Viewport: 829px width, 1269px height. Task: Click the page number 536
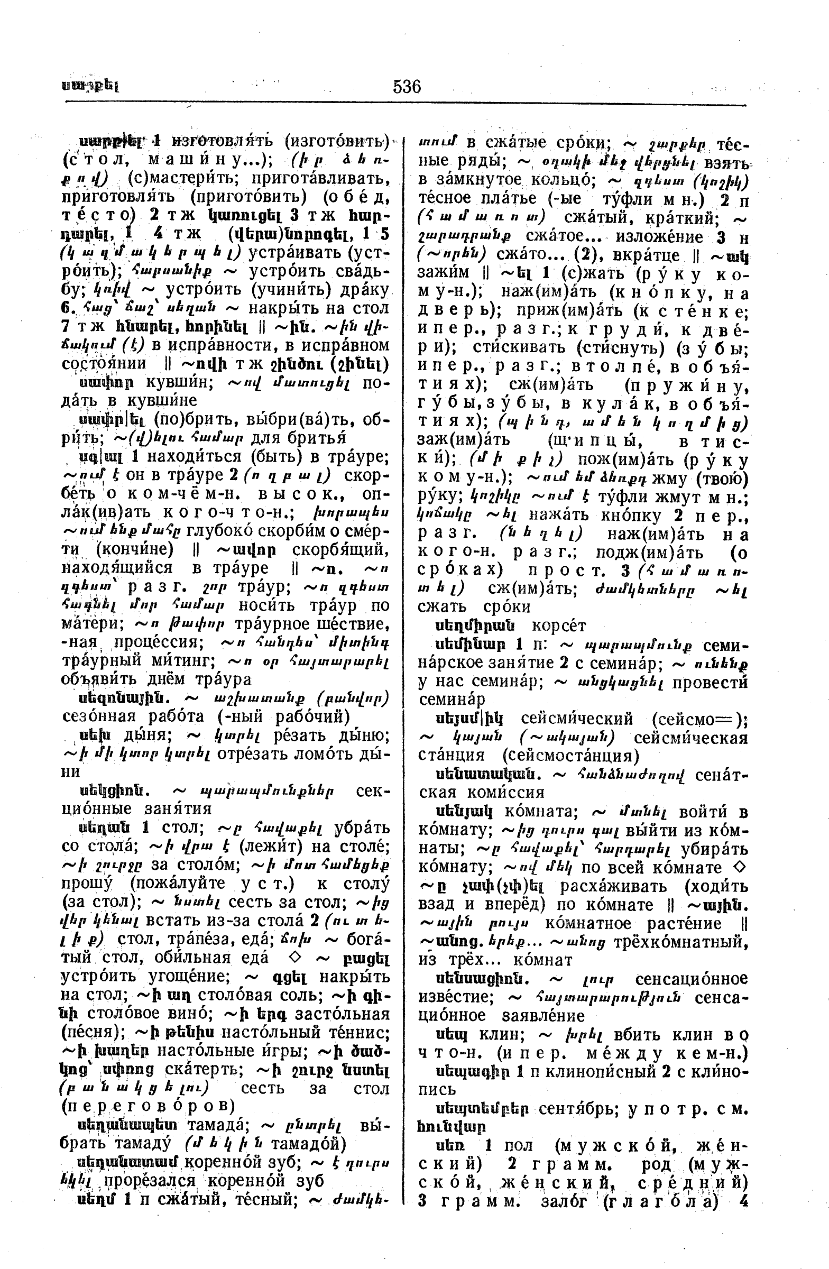point(407,86)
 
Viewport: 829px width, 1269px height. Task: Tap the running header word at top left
point(89,86)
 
